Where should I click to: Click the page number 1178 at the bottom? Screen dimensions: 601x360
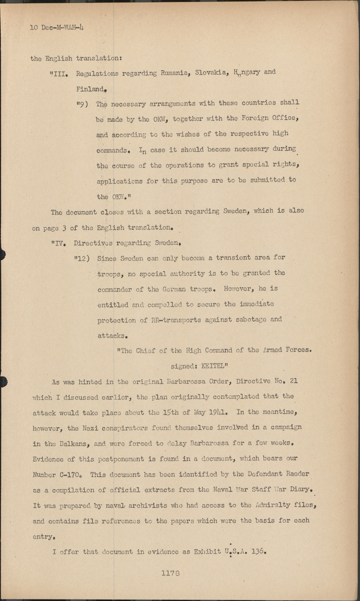pos(170,573)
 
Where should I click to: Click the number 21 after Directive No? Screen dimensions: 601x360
pos(293,381)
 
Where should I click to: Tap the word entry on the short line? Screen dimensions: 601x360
pos(42,536)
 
